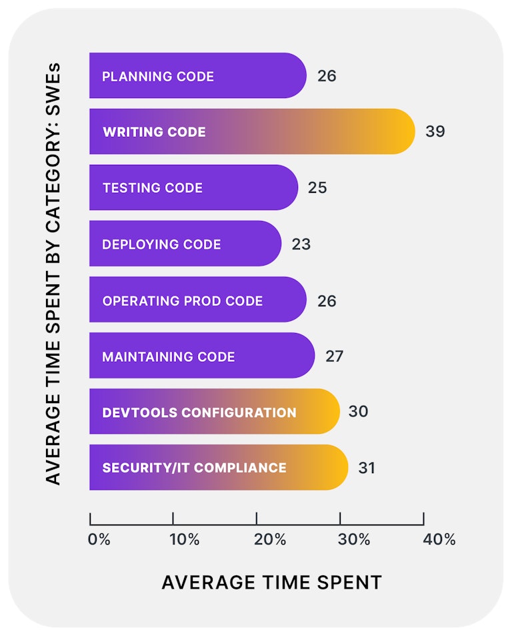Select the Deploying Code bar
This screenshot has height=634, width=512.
coord(185,244)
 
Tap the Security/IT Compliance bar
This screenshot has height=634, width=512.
coord(219,467)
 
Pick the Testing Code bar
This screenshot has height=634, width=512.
coord(193,188)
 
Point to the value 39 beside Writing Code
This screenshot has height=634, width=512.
coord(435,131)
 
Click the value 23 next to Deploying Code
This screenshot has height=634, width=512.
coord(301,244)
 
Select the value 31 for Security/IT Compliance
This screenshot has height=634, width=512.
coord(367,468)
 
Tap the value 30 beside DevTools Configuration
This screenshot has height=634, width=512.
coord(358,412)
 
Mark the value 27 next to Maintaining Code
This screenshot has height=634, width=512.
coord(334,356)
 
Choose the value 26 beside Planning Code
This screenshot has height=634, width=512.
coord(327,76)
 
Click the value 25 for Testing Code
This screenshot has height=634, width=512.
coord(317,188)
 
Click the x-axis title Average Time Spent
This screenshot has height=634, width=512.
coord(272,582)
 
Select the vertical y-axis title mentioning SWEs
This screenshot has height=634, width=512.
coord(53,274)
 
